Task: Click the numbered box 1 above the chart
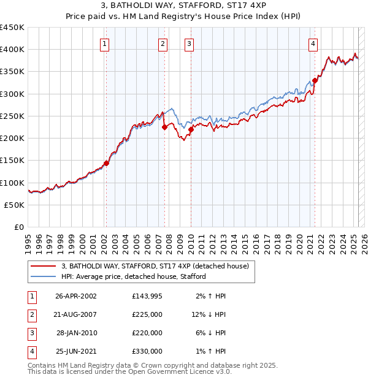click(105, 44)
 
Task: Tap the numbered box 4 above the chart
click(313, 44)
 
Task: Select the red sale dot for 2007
click(164, 127)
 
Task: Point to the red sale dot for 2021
click(315, 80)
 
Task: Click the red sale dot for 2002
click(106, 163)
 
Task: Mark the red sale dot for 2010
click(191, 129)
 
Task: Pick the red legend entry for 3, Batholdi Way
click(155, 266)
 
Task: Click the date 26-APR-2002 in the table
click(75, 297)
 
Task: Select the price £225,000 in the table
click(147, 315)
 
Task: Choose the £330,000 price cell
click(147, 352)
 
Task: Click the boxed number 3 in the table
click(31, 333)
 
